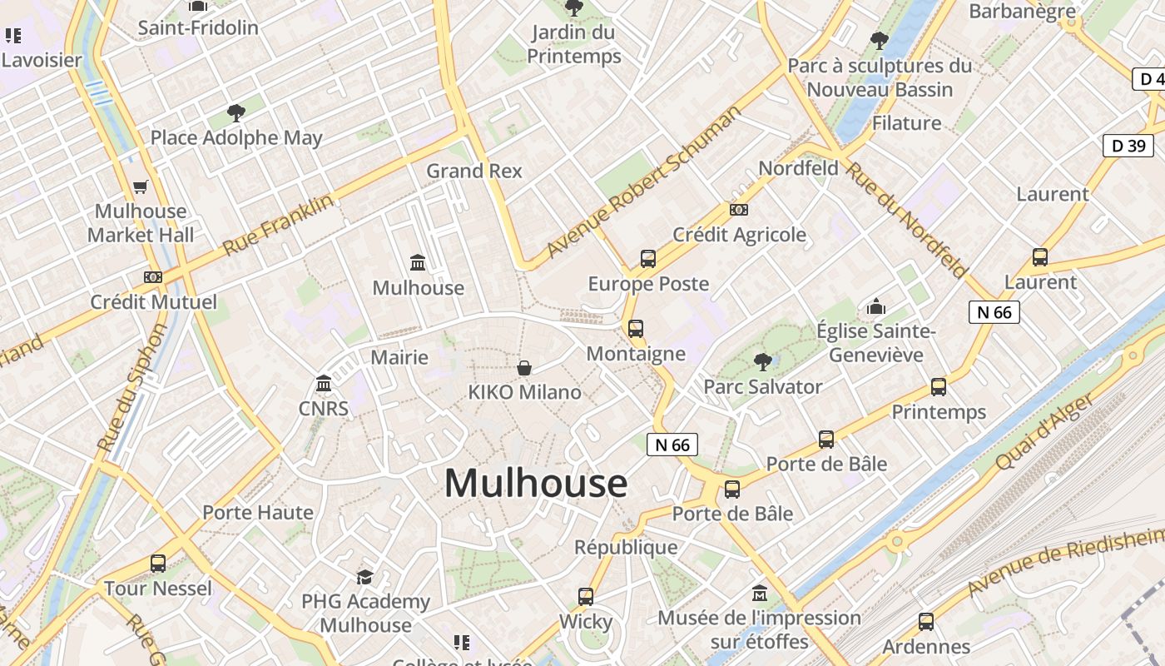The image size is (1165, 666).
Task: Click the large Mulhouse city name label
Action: (x=536, y=484)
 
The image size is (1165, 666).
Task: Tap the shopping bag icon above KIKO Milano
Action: (x=524, y=368)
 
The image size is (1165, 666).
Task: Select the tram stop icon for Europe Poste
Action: (x=648, y=259)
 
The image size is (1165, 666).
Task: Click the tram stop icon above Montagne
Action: (x=636, y=329)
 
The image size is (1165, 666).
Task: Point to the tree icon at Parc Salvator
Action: (x=762, y=361)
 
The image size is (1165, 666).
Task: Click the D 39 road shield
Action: (x=1128, y=146)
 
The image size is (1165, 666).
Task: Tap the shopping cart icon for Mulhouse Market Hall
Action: (x=141, y=187)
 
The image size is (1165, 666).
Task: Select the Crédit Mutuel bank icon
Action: (x=153, y=277)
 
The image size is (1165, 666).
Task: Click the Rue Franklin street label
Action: (x=278, y=225)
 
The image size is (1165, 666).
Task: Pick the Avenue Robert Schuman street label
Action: (x=642, y=181)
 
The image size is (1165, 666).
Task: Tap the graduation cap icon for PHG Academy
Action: (x=364, y=577)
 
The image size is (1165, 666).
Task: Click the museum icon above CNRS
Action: (x=324, y=384)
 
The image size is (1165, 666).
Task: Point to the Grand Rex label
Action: (x=474, y=171)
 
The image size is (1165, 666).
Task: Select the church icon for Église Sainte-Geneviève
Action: (x=875, y=307)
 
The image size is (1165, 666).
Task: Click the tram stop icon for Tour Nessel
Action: (x=158, y=564)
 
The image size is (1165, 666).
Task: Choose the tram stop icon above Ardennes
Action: (x=925, y=622)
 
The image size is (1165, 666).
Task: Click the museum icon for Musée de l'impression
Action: (x=759, y=594)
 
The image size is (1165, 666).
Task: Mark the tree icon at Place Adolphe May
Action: (x=236, y=113)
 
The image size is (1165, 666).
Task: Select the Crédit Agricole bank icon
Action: (x=738, y=210)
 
